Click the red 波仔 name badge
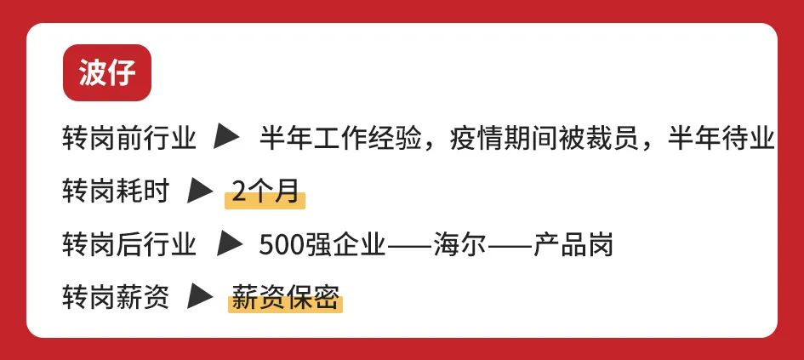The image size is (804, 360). coord(106,72)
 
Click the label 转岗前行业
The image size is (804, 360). coord(129,137)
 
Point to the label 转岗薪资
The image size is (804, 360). coord(116,299)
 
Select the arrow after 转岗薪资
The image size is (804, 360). coord(201,299)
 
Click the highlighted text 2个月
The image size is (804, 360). coord(265,192)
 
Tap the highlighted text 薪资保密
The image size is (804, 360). coord(285,299)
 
